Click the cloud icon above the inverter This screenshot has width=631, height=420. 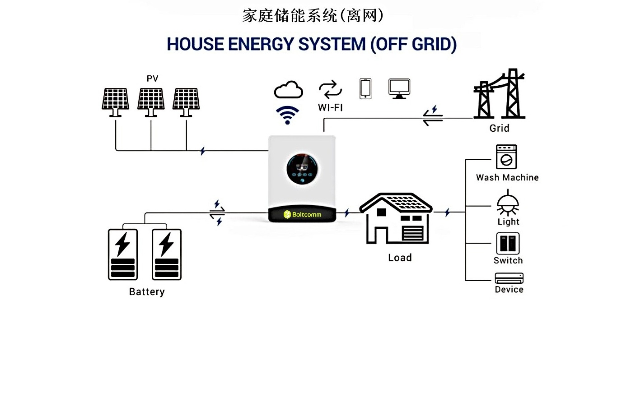tap(288, 90)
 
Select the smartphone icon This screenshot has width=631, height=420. tap(365, 88)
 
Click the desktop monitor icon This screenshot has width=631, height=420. tap(399, 88)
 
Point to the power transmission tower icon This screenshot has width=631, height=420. tap(500, 94)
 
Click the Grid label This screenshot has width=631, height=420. tap(499, 129)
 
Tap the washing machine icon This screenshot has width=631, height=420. tap(506, 157)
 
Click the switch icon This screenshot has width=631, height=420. tap(508, 244)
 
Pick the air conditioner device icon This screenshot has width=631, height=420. tap(509, 278)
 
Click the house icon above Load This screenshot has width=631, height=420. tap(396, 219)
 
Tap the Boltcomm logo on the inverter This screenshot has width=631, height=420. tap(302, 214)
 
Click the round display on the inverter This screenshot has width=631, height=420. tap(302, 169)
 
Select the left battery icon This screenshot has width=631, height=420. tap(123, 254)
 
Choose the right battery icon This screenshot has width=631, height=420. tap(167, 254)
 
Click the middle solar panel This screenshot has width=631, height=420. tap(151, 102)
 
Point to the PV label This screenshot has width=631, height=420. tap(152, 78)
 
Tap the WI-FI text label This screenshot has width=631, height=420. tap(330, 108)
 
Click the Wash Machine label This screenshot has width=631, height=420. tap(507, 178)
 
